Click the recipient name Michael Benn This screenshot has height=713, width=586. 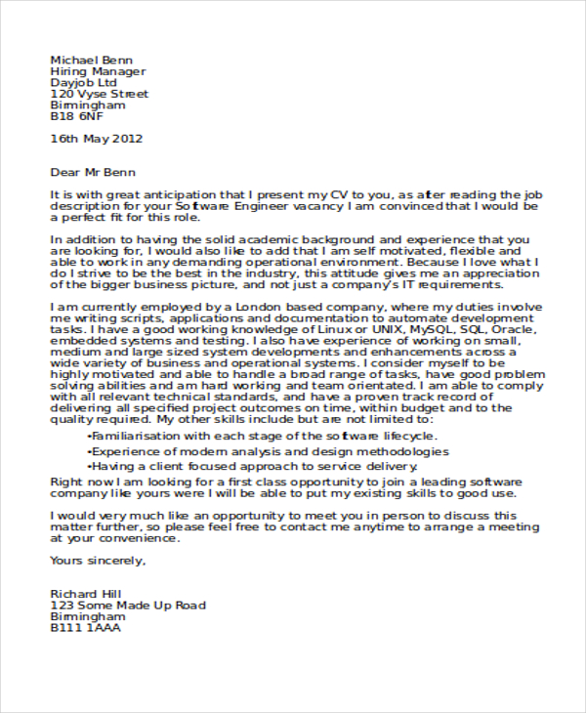click(x=91, y=60)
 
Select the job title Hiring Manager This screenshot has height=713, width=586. click(x=98, y=71)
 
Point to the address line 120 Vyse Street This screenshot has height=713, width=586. click(x=100, y=94)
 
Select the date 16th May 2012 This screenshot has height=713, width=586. click(x=97, y=140)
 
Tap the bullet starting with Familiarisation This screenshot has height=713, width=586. click(x=262, y=436)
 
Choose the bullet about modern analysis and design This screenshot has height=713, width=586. click(x=268, y=452)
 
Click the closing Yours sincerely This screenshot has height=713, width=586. click(x=98, y=561)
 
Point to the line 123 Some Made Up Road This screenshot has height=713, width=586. click(x=128, y=606)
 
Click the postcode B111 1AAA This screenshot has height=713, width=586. click(x=86, y=629)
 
